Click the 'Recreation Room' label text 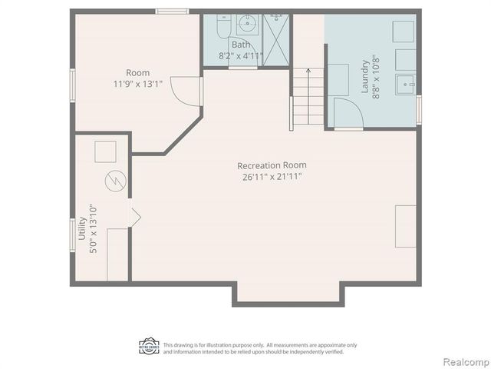coord(266,165)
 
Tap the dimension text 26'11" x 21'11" coord(268,177)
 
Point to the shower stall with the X coord(274,38)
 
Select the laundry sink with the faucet coord(405,82)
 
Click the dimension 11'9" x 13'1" coord(139,85)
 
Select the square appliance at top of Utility coord(105,151)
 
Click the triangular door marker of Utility coord(135,218)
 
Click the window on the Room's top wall coord(172,11)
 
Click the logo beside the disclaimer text coord(149,346)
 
